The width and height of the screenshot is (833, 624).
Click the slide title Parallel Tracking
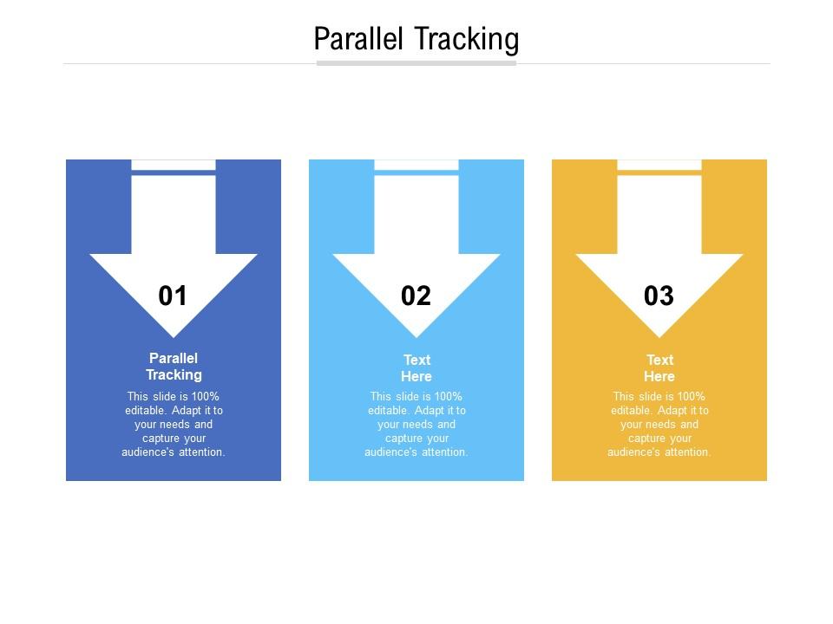(x=416, y=40)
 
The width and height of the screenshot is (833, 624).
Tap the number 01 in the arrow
(x=173, y=296)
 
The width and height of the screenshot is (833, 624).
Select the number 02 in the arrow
(x=416, y=296)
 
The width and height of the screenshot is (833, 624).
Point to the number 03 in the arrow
(x=659, y=296)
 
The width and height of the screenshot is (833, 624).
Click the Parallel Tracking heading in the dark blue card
(x=174, y=367)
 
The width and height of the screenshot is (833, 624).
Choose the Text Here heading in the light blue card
(x=416, y=368)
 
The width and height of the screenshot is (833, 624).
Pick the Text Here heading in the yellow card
(x=659, y=368)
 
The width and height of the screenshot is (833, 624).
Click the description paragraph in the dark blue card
(x=174, y=425)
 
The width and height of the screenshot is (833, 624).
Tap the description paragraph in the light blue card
(x=416, y=425)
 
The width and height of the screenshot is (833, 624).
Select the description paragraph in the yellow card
(x=659, y=425)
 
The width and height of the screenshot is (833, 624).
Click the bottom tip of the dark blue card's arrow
(x=174, y=335)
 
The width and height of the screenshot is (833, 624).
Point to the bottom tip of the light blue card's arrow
(x=416, y=335)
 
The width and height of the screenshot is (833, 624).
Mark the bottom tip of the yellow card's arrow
(x=659, y=335)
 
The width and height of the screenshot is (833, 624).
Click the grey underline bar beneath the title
(x=416, y=62)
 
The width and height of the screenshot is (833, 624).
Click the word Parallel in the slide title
(x=359, y=40)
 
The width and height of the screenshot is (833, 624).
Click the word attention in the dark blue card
(x=200, y=452)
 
